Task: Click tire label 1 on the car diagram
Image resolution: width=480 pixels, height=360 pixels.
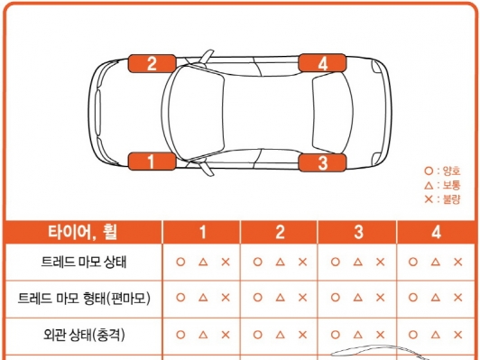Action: pyautogui.click(x=152, y=162)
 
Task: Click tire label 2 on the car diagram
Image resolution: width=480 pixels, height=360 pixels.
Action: pyautogui.click(x=152, y=63)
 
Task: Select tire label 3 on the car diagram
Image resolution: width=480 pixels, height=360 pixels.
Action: pyautogui.click(x=322, y=162)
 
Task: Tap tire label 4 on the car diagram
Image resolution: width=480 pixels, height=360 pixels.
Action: pyautogui.click(x=322, y=63)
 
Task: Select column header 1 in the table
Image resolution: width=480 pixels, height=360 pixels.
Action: pyautogui.click(x=202, y=232)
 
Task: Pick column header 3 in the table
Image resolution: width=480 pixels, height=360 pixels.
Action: pyautogui.click(x=358, y=232)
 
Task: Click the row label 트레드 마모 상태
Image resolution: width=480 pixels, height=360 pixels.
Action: pyautogui.click(x=83, y=263)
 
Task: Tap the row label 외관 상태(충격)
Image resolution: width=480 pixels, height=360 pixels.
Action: pyautogui.click(x=83, y=334)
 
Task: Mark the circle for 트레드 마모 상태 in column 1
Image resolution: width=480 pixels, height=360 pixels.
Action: pyautogui.click(x=180, y=263)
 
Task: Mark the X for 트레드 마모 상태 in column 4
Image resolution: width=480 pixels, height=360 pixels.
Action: pyautogui.click(x=459, y=263)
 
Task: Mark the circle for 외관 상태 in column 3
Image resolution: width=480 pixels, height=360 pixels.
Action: pyautogui.click(x=336, y=334)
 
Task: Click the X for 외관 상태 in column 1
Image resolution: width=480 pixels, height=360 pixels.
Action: pyautogui.click(x=226, y=334)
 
